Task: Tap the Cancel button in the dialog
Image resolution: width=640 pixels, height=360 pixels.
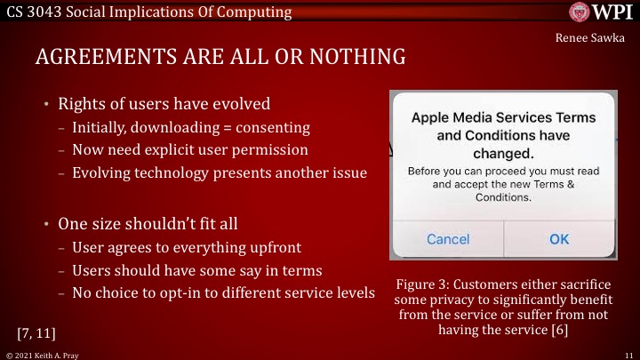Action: pyautogui.click(x=448, y=239)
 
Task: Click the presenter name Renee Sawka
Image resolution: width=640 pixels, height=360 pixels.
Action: pyautogui.click(x=595, y=38)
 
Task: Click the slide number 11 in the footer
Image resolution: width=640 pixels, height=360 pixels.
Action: pyautogui.click(x=628, y=354)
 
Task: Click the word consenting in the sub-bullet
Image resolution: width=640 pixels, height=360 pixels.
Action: pyautogui.click(x=250, y=127)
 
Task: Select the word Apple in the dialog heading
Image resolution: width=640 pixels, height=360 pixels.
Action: pyautogui.click(x=432, y=116)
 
